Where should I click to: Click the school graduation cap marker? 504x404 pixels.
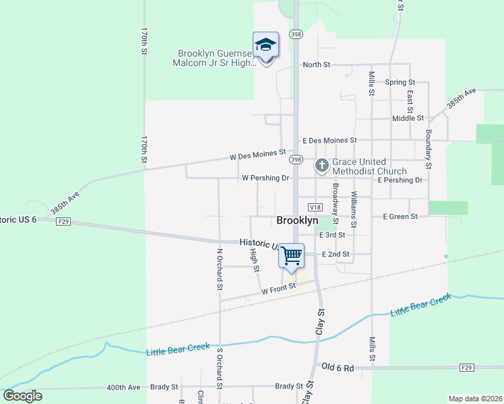[265, 45]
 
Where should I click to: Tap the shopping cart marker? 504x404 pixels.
[291, 255]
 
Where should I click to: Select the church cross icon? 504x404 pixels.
[322, 164]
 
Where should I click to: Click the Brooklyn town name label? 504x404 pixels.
[297, 220]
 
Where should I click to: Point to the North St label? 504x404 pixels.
[316, 65]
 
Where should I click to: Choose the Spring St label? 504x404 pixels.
[400, 82]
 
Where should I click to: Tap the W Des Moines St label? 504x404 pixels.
[257, 156]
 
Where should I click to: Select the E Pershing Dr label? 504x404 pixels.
[400, 180]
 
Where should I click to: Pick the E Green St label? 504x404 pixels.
[400, 217]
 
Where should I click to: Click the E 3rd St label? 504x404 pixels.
[332, 235]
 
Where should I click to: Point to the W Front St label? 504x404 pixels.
[279, 289]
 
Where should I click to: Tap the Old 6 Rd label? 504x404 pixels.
[338, 368]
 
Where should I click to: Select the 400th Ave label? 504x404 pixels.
[123, 387]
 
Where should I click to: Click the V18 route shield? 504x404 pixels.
[315, 207]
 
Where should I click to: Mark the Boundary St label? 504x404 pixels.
[427, 149]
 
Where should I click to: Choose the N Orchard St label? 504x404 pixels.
[219, 269]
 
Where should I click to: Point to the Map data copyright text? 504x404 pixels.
[475, 399]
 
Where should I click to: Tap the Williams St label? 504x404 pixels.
[353, 208]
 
